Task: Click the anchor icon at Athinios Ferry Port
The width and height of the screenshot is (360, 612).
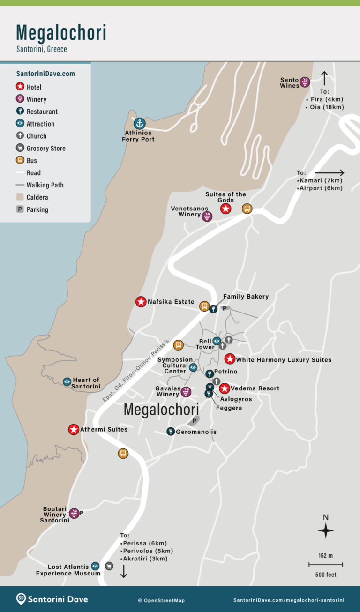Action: point(139,124)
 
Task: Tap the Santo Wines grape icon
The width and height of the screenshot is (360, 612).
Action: point(305,82)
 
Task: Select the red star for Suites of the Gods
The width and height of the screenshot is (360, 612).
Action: point(226,209)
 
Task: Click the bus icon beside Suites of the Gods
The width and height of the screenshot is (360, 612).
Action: point(247,209)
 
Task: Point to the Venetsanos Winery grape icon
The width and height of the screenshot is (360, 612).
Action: point(207,216)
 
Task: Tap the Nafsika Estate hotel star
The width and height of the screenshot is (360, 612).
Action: point(141,302)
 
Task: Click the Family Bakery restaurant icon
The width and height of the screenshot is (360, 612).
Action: point(213,308)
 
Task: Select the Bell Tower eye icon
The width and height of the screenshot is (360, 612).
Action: point(217,341)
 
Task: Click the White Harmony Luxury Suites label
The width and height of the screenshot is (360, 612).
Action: point(284,360)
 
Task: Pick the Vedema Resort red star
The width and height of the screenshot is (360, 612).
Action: point(225,388)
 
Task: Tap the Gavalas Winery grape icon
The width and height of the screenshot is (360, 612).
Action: point(186,392)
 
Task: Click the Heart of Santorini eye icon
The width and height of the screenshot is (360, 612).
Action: point(67,382)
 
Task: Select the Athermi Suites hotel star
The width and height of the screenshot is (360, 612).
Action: point(74,429)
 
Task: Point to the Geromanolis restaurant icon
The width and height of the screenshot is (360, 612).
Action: point(171,432)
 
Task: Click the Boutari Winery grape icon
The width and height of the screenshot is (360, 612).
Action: point(74,513)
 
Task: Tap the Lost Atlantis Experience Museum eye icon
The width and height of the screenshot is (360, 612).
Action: point(95,566)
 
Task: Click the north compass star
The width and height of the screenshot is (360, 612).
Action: point(326,531)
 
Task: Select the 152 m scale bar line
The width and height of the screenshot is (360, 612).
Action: point(326,565)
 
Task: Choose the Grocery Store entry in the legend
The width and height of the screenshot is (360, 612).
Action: point(46,149)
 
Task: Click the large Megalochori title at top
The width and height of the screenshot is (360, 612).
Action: point(61,32)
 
